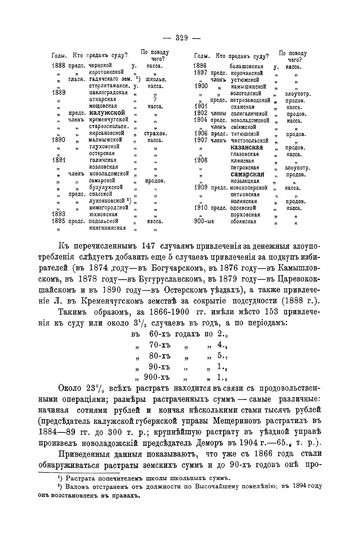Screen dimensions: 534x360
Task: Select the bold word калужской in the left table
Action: (x=108, y=113)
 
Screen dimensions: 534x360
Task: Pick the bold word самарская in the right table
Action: (x=247, y=175)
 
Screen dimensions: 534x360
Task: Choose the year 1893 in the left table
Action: (x=58, y=214)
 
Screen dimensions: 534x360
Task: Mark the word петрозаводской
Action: (x=250, y=100)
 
